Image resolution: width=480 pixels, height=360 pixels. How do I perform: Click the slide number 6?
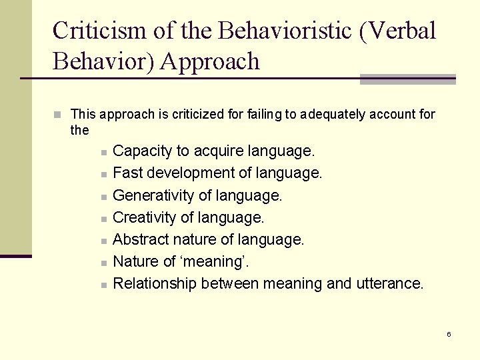(449, 334)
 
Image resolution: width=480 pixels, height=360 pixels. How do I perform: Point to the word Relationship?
(155, 283)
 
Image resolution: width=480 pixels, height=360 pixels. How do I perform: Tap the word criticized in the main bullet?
(198, 115)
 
